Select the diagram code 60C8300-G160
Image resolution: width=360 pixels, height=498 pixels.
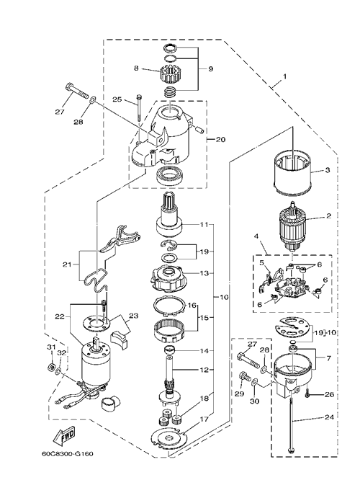pos(67,453)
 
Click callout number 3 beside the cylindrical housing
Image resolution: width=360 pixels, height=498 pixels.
pos(328,170)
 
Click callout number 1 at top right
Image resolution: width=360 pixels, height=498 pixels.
pos(284,76)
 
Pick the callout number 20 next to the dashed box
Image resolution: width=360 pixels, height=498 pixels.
pos(221,139)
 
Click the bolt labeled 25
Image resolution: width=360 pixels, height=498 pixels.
pos(139,107)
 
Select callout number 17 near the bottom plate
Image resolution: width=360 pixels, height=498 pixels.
pos(204,419)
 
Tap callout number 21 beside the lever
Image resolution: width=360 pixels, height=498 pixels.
pos(67,264)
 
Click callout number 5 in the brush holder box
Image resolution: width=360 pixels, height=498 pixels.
pos(261,262)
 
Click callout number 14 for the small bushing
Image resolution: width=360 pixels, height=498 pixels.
pos(204,351)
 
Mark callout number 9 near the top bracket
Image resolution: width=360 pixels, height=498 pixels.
pos(211,68)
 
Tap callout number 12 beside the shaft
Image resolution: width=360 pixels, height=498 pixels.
pos(204,370)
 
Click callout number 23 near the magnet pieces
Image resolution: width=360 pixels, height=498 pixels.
pos(133,316)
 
